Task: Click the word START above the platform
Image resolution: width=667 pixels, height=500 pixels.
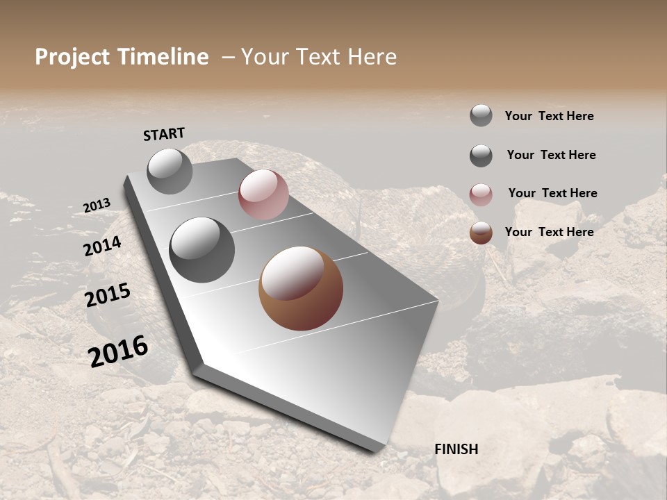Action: (x=164, y=133)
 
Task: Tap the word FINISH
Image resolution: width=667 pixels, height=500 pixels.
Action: (x=456, y=449)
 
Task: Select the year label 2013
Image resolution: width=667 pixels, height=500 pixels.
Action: (x=97, y=205)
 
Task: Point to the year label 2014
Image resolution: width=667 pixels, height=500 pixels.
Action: (x=102, y=246)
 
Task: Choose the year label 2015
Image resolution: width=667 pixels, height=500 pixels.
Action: (x=107, y=295)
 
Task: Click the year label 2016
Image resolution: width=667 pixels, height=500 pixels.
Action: (x=118, y=351)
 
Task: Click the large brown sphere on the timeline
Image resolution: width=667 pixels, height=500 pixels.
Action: (x=301, y=288)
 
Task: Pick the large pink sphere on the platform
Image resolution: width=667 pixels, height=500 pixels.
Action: (x=263, y=194)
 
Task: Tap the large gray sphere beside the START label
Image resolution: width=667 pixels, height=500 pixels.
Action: (x=170, y=171)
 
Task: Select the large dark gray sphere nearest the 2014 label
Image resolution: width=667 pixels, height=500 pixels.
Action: (x=202, y=250)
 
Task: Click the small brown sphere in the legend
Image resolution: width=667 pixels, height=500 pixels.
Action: (x=481, y=233)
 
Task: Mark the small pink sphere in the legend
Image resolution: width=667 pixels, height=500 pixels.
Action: (x=481, y=194)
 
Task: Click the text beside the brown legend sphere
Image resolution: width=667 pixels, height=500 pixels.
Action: (x=549, y=232)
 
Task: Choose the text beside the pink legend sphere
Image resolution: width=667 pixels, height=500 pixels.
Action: (x=552, y=193)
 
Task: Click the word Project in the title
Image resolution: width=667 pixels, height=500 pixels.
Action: (x=73, y=58)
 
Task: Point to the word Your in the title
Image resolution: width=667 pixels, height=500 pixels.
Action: (x=264, y=57)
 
